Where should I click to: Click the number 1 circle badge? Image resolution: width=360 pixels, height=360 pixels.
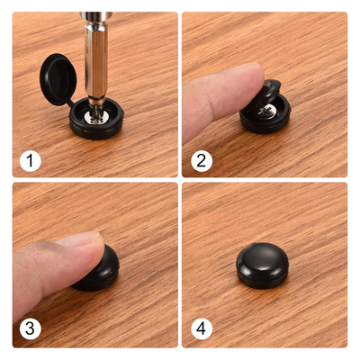click(x=31, y=162)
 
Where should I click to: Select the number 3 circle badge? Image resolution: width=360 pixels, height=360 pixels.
click(x=31, y=330)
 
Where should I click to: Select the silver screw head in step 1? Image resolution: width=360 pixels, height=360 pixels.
click(x=93, y=115)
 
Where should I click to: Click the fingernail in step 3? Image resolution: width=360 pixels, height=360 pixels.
click(x=81, y=241)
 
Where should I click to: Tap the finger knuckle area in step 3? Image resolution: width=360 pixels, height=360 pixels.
click(x=36, y=270)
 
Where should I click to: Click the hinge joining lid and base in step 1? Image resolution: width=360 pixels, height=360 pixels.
click(x=68, y=106)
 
